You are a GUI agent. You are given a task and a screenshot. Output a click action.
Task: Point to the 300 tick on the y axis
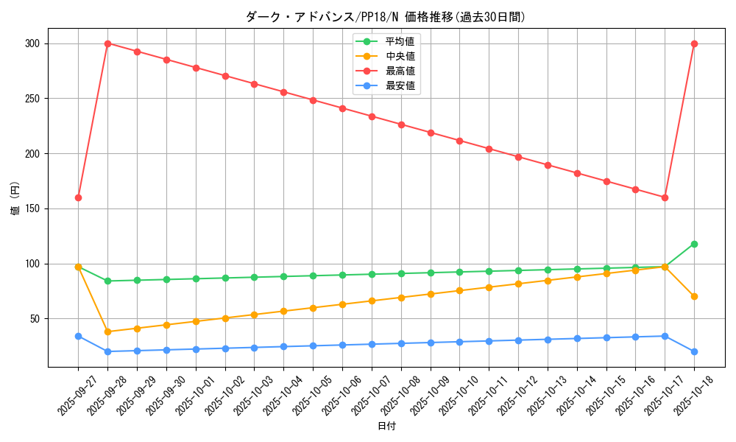pos(32,43)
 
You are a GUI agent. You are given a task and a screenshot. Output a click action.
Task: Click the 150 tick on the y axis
pos(32,208)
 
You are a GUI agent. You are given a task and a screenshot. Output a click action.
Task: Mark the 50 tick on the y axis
pos(34,319)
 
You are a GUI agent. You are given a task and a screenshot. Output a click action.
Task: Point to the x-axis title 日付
pos(386,427)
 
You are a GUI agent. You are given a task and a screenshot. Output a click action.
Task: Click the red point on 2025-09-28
pos(107,43)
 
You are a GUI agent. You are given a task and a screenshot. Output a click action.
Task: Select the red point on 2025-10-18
pos(694,43)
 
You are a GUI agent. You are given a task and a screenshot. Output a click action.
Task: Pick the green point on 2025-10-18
pos(694,244)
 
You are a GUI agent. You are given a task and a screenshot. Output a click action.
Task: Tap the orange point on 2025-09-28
pos(107,331)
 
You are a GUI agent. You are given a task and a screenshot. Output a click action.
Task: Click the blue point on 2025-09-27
pos(78,336)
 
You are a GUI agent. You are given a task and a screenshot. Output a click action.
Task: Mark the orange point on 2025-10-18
pos(694,296)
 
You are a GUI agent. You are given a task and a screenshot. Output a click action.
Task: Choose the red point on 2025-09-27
pos(78,197)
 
